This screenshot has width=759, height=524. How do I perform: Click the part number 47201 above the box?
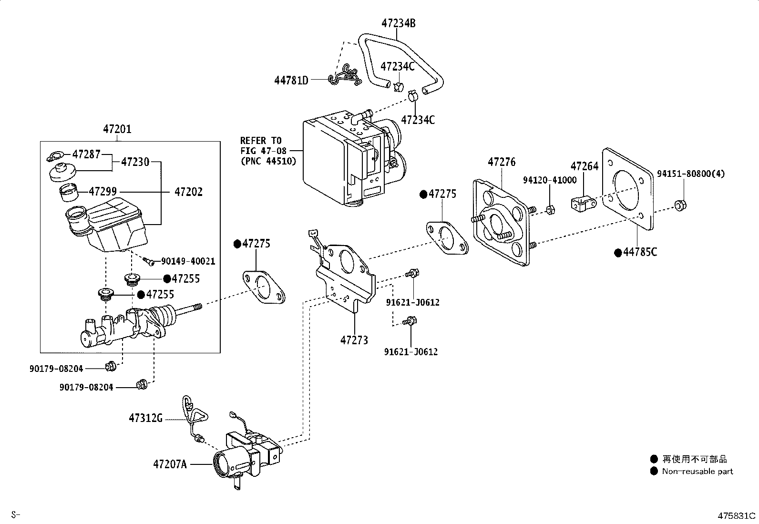pos(117,129)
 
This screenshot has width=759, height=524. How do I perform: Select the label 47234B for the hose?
pos(399,23)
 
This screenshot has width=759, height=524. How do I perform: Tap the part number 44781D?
pos(291,81)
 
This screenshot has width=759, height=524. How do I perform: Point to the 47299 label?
pos(103,192)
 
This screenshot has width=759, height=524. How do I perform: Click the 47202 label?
pos(188,192)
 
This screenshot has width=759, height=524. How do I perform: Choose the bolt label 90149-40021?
pos(188,261)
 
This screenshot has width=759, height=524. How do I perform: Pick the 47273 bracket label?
pos(354,340)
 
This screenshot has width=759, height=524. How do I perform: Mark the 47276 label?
pos(502,162)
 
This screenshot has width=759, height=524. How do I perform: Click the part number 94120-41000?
pos(550,180)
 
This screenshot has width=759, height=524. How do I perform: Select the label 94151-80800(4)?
pos(691,174)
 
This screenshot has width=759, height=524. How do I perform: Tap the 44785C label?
pos(640,252)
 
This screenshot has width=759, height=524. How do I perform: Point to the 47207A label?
pos(170,464)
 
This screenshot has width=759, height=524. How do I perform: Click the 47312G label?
pos(146,418)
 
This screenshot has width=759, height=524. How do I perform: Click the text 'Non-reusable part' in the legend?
pos(697,472)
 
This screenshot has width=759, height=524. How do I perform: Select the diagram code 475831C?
pos(736,516)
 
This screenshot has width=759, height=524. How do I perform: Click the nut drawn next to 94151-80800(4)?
pos(680,205)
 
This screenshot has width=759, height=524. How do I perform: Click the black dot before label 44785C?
pos(618,253)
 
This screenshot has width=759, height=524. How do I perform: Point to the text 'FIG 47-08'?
pos(263,151)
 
